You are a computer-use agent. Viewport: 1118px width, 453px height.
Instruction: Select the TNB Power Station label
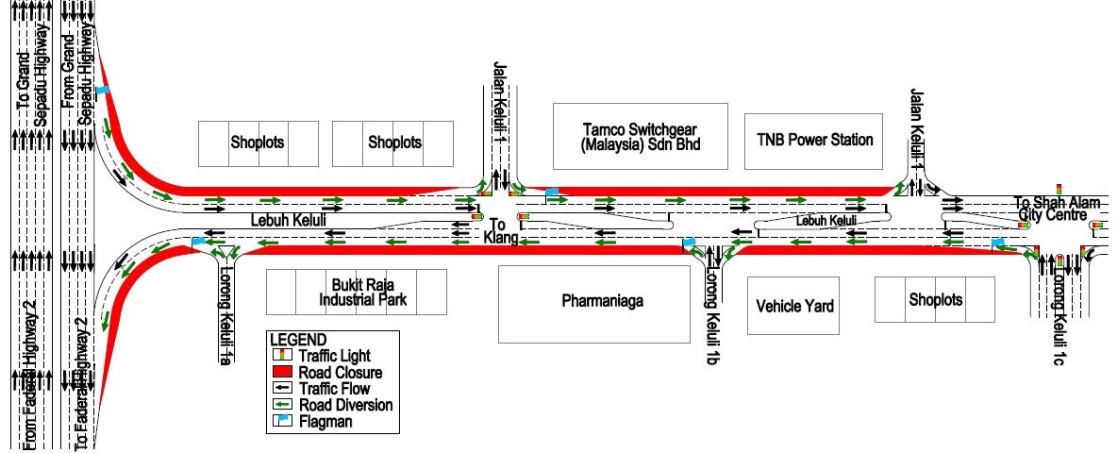815,140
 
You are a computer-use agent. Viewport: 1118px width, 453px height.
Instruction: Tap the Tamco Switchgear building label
641,135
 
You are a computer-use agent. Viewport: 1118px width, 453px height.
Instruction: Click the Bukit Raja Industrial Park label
357,292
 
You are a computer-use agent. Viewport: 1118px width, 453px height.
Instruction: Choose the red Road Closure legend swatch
281,372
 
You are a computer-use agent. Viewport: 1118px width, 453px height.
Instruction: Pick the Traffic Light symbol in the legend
281,356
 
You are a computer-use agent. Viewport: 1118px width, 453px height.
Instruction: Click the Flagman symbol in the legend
281,422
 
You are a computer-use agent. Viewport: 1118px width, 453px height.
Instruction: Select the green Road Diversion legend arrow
281,405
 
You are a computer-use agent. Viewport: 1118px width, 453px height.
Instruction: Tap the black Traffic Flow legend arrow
281,389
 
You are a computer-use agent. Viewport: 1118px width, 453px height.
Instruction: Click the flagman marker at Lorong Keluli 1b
690,243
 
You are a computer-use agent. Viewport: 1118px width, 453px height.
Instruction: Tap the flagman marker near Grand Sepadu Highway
103,90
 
